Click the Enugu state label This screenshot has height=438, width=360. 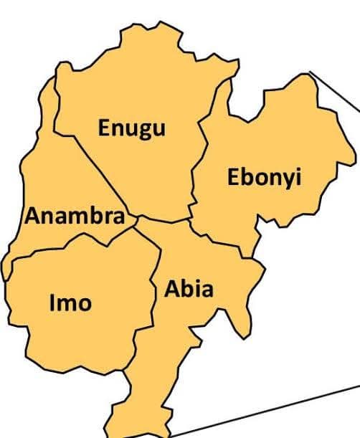[x=132, y=128]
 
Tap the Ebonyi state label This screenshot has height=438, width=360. [x=263, y=178]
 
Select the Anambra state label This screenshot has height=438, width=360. [x=75, y=216]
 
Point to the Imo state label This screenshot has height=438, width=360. [x=70, y=303]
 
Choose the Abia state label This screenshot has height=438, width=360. [x=189, y=289]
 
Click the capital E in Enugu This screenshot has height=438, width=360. [x=105, y=128]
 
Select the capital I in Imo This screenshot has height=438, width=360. [x=52, y=303]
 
